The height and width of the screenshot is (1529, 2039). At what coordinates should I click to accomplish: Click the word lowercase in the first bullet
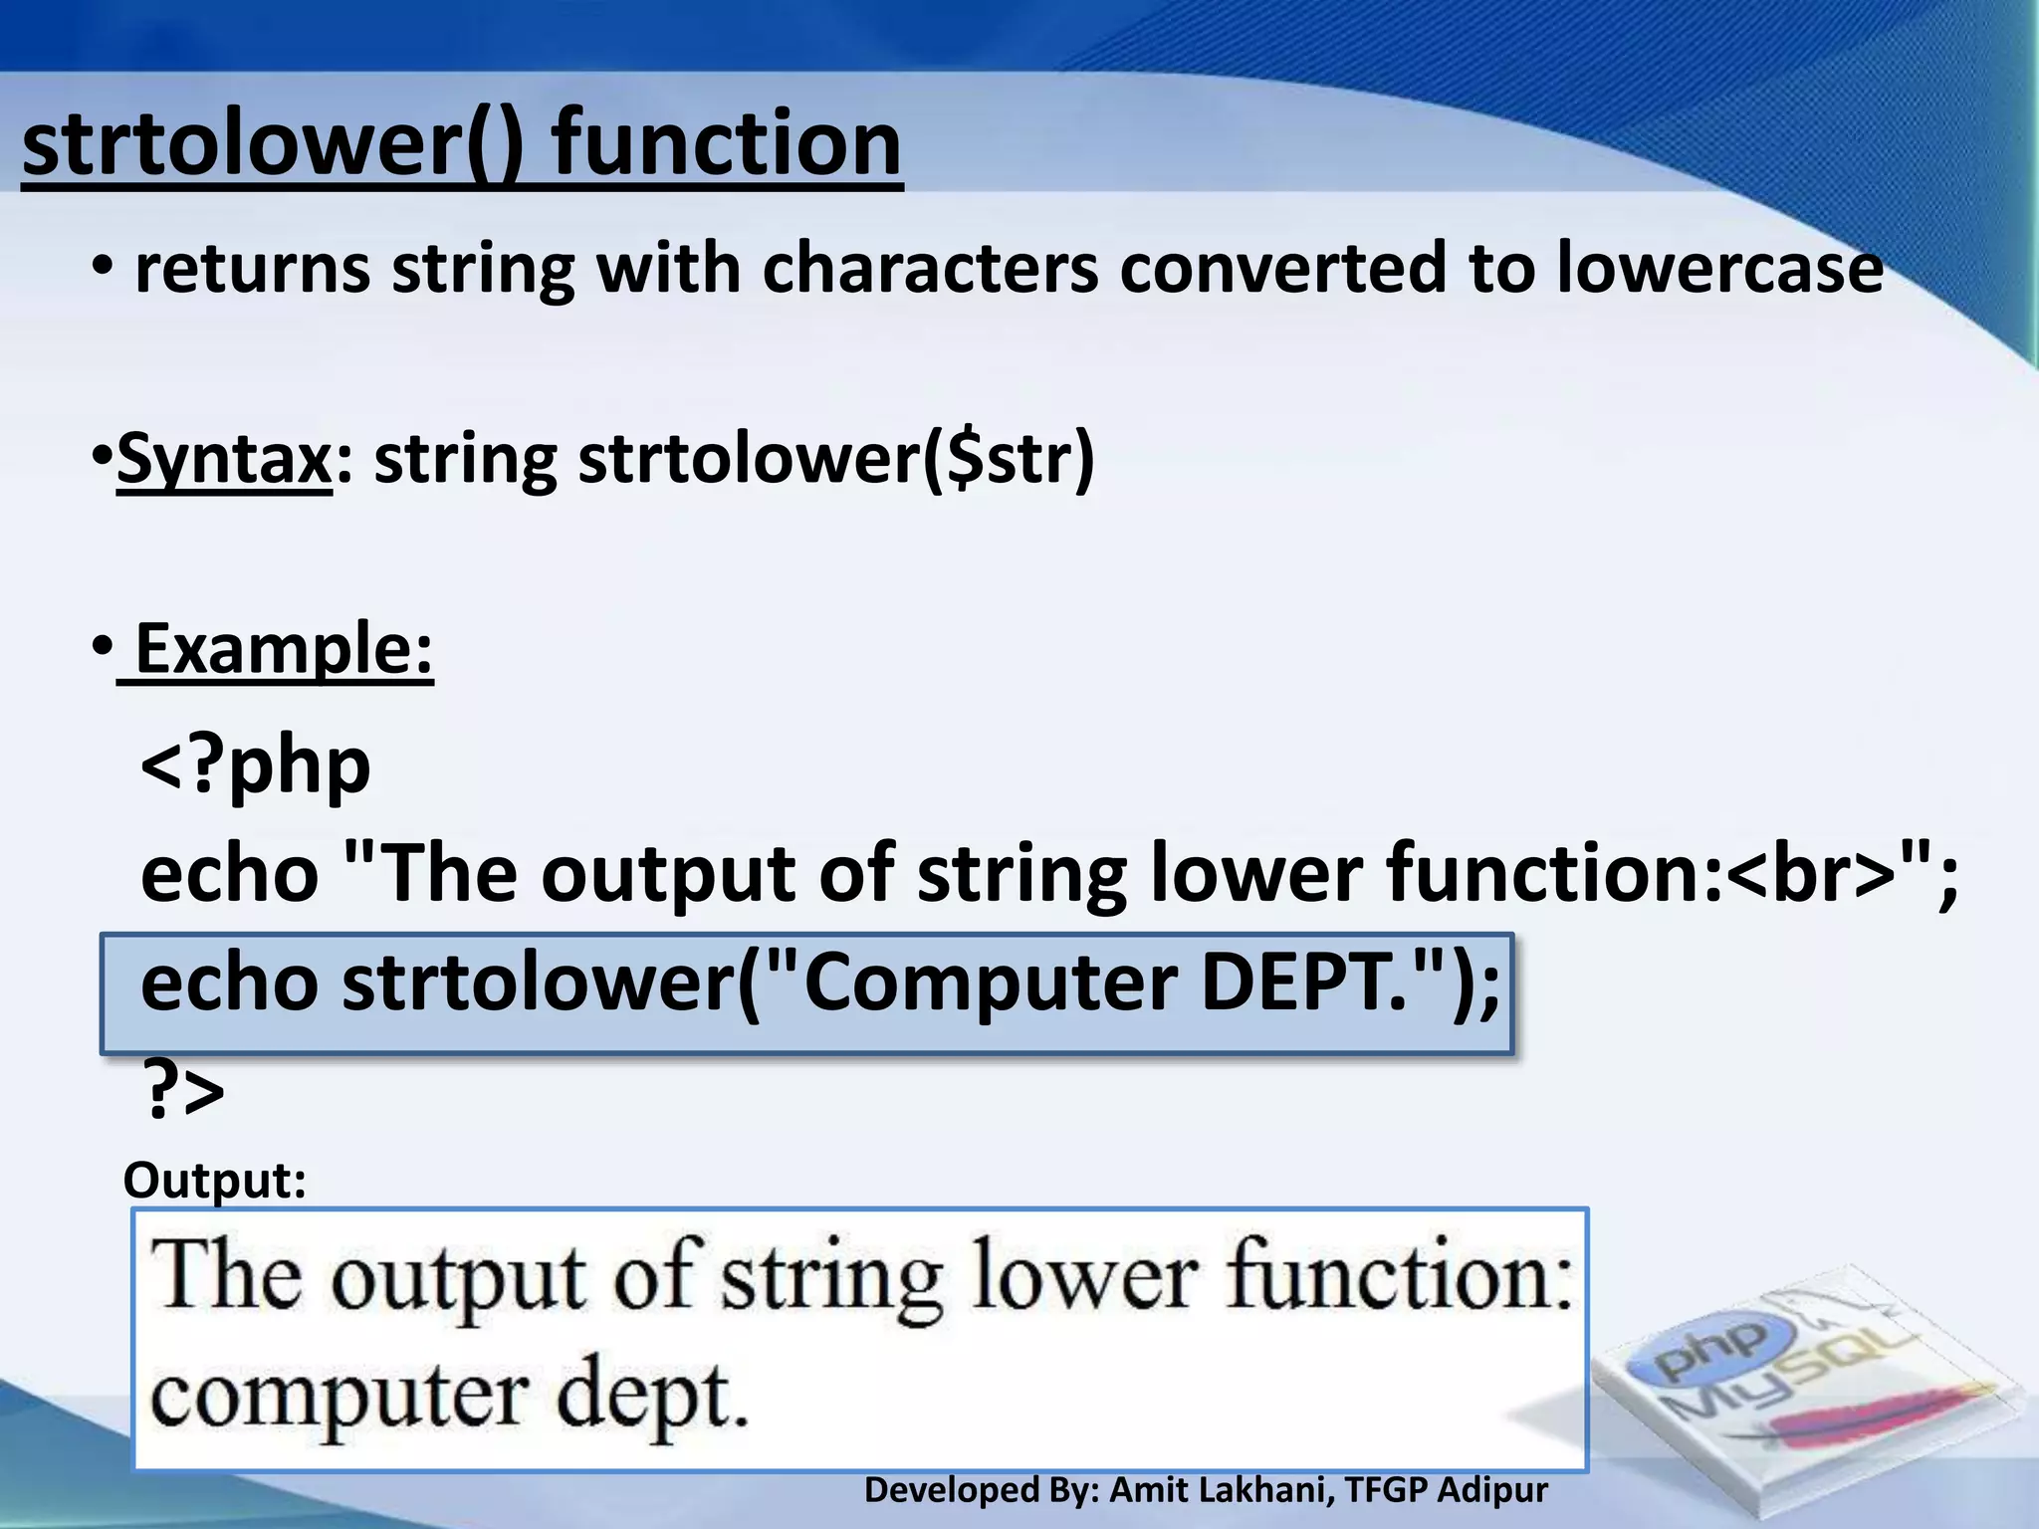(1719, 269)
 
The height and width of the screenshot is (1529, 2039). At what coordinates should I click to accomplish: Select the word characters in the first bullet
(930, 269)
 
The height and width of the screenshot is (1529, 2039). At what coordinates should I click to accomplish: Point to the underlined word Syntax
(224, 460)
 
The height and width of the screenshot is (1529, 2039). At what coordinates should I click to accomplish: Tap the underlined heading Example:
(284, 649)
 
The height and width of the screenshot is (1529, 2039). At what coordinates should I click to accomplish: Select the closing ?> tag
(184, 1090)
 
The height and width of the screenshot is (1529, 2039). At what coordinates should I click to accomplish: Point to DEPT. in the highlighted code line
(1304, 983)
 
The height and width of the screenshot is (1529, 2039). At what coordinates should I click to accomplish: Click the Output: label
(214, 1181)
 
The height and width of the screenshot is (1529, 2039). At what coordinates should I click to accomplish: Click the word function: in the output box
(1399, 1277)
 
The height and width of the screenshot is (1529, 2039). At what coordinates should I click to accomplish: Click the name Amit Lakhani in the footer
(1219, 1490)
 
